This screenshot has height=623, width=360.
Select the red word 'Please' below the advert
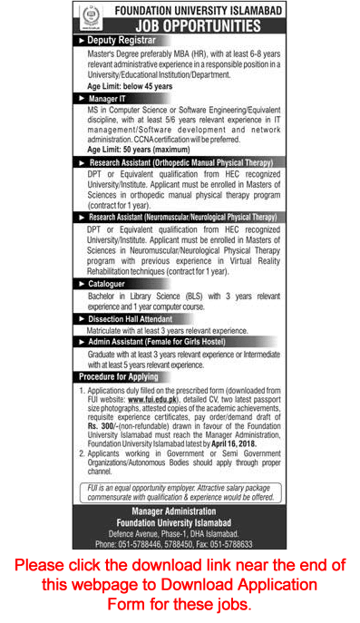[x=45, y=567]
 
